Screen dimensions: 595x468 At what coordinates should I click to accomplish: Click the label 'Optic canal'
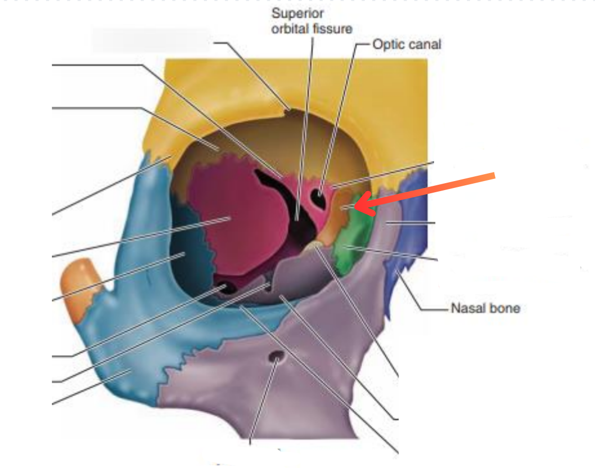click(406, 44)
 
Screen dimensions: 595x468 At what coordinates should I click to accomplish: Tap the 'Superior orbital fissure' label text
click(311, 21)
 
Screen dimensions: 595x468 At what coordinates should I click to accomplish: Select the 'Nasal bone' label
click(485, 308)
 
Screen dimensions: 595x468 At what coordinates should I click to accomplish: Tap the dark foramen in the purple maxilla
click(276, 359)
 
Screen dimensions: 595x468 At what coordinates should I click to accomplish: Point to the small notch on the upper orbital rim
click(289, 110)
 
